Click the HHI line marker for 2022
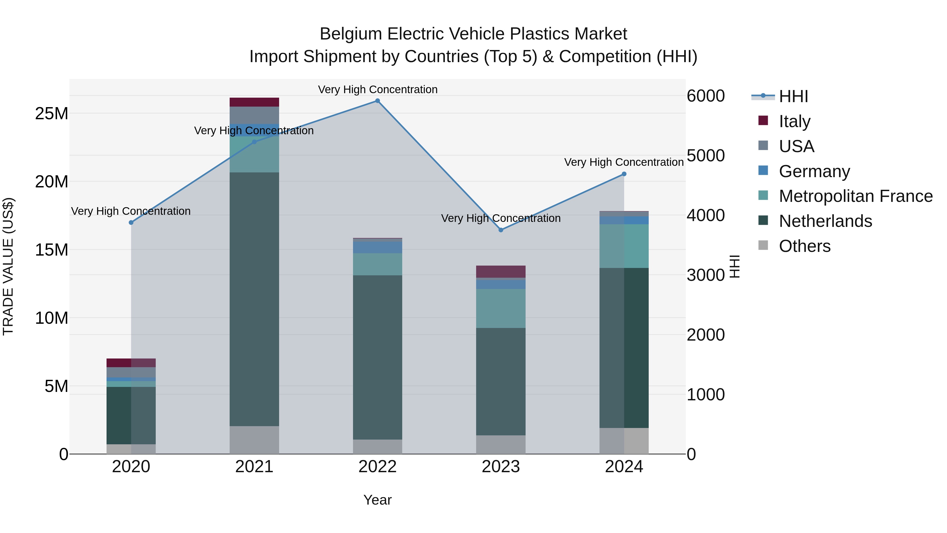pyautogui.click(x=377, y=101)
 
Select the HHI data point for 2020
pyautogui.click(x=131, y=222)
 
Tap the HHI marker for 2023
pyautogui.click(x=501, y=230)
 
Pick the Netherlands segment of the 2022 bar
pyautogui.click(x=377, y=357)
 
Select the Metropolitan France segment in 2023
pyautogui.click(x=501, y=308)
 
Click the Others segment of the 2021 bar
pyautogui.click(x=254, y=440)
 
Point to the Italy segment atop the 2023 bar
pyautogui.click(x=501, y=271)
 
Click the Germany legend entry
pyautogui.click(x=814, y=171)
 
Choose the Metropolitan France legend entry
pyautogui.click(x=855, y=196)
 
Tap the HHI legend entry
pyautogui.click(x=793, y=96)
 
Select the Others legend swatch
pyautogui.click(x=763, y=245)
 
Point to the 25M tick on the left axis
pyautogui.click(x=52, y=114)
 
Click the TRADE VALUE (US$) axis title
pyautogui.click(x=8, y=266)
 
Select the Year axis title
pyautogui.click(x=377, y=500)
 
